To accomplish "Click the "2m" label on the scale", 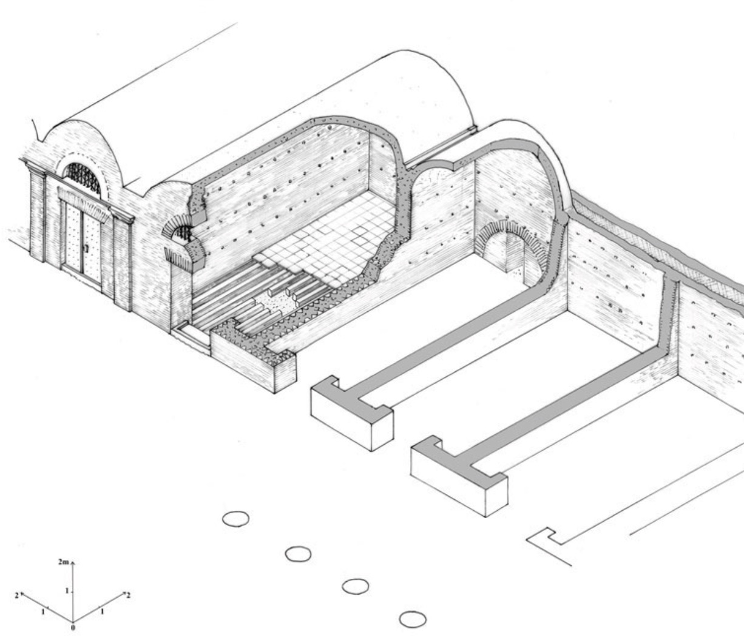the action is point(63,562).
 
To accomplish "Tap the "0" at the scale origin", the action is point(73,628).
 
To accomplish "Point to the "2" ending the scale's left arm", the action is point(17,596).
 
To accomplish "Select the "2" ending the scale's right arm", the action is point(129,595).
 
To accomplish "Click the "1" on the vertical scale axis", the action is point(67,590).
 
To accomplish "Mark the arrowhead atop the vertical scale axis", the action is point(73,562).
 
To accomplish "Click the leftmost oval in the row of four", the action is point(236,519).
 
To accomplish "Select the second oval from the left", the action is point(299,554).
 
